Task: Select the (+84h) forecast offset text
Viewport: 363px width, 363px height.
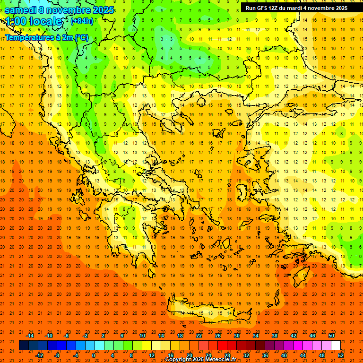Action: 82,21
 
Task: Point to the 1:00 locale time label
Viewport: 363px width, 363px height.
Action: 34,21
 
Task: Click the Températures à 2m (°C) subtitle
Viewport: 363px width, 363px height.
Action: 46,37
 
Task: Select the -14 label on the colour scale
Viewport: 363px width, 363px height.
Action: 29,336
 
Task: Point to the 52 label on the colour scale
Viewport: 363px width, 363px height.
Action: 341,355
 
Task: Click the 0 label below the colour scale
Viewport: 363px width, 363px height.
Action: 94,355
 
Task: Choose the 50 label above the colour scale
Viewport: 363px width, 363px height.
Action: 331,336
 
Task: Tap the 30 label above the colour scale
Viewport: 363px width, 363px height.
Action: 236,336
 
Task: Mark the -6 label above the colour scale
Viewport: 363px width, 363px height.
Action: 67,336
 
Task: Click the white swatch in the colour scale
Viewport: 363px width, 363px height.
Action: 336,346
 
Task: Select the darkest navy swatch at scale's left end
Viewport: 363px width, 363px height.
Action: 24,346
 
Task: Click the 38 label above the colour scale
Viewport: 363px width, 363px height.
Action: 274,336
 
